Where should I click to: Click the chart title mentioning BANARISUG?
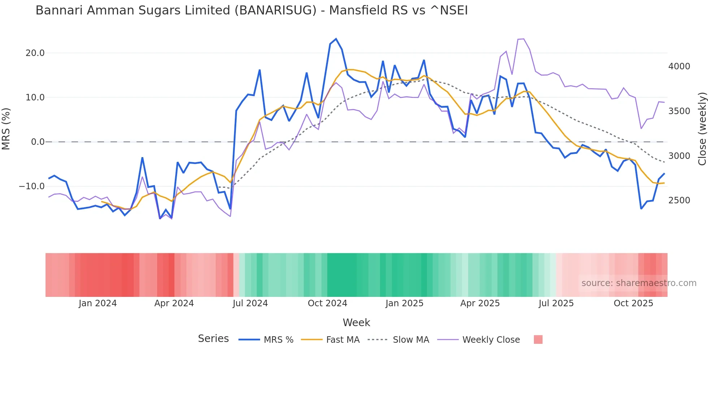(x=251, y=10)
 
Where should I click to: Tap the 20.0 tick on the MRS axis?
(x=35, y=53)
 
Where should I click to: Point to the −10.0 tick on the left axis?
(x=32, y=186)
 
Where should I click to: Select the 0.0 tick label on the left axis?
(x=38, y=142)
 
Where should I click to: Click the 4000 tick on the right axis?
(x=679, y=66)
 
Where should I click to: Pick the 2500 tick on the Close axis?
(x=679, y=200)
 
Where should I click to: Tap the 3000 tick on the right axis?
(x=679, y=156)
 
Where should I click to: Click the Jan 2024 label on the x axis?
(x=98, y=303)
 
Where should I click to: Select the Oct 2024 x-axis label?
(x=327, y=303)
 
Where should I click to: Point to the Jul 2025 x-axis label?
(x=556, y=303)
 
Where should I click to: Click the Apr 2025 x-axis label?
(x=480, y=303)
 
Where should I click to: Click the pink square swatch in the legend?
(x=538, y=339)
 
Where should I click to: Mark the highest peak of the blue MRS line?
(x=336, y=39)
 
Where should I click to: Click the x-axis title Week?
(x=356, y=323)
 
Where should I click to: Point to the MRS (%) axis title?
(x=6, y=129)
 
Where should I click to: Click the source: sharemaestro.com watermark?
(x=639, y=283)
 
